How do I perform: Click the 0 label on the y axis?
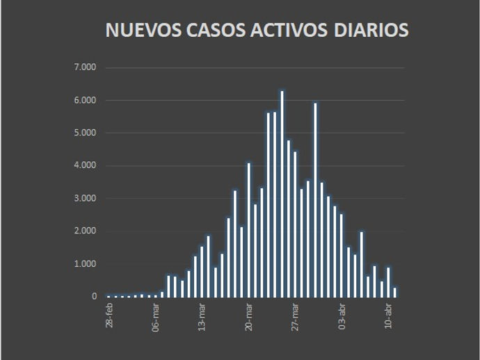[x=95, y=297]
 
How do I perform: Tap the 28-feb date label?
[x=109, y=316]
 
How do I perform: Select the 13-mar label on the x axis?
[x=202, y=316]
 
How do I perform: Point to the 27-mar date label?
[x=296, y=316]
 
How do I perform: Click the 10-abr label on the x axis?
[x=389, y=316]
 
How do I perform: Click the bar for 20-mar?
[x=248, y=230]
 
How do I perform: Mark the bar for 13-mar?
[x=202, y=272]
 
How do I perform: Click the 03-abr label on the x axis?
[x=342, y=316]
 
